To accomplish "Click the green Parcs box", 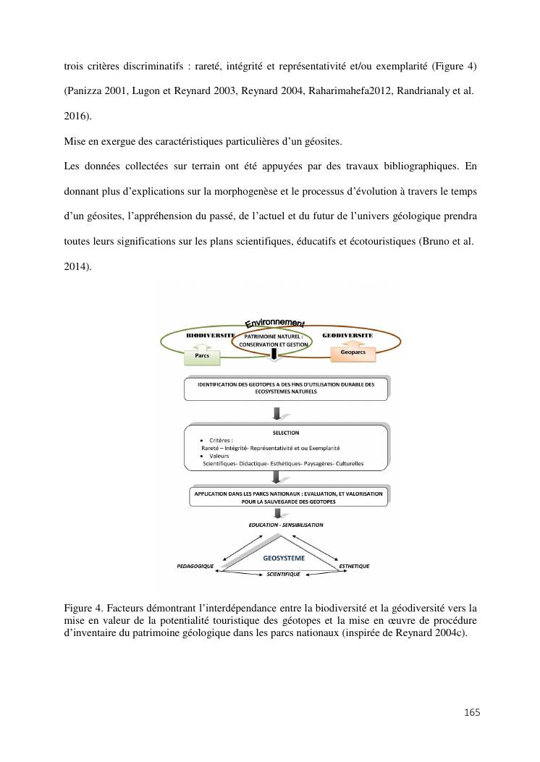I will pos(202,355).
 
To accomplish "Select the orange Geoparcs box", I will pos(353,352).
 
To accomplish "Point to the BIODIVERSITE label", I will pos(210,336).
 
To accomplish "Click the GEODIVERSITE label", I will pos(347,336).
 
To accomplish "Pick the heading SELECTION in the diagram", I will pos(285,433).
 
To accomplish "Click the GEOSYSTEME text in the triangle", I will pos(284,558).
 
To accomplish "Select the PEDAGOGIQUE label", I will pos(195,566).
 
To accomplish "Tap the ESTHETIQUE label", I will pos(354,566).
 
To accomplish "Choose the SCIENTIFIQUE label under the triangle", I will pos(283,574).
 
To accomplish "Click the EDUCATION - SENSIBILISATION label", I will pos(286,525).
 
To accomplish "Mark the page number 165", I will pos(472,713).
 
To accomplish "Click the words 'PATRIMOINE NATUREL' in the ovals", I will pos(274,336).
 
